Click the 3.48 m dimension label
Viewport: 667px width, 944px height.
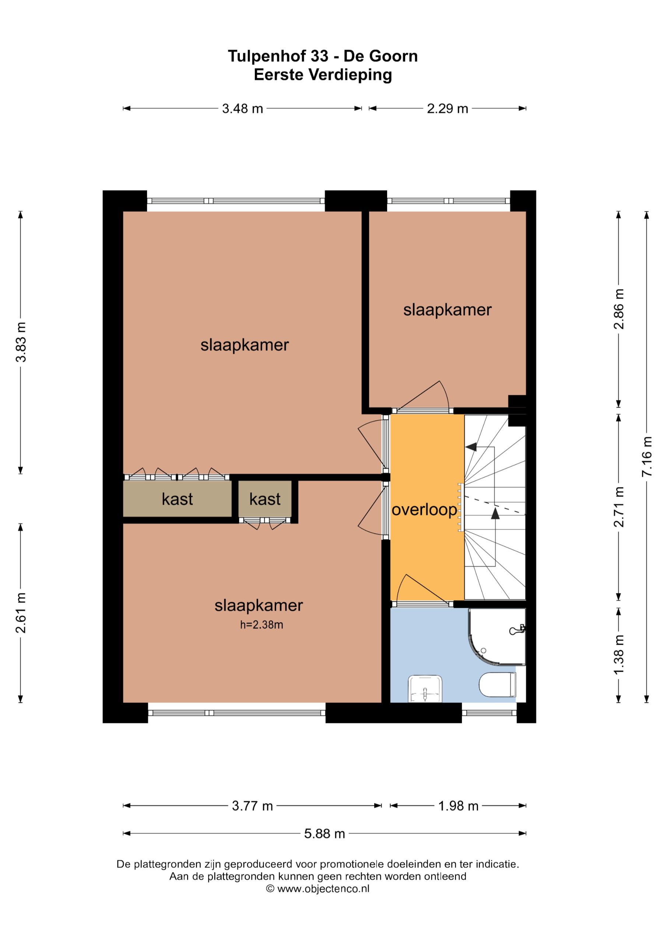pos(242,108)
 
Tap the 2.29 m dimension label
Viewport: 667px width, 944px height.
pos(447,108)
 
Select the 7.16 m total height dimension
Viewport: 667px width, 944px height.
pos(647,457)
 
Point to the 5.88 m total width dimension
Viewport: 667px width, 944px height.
pos(324,833)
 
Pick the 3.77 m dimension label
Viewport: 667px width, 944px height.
pos(252,805)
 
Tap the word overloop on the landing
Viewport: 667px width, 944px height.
pos(424,510)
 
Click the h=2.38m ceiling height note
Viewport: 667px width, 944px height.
pos(261,625)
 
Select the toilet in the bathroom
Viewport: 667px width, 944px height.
pos(497,684)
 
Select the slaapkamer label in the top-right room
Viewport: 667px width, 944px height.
pos(447,310)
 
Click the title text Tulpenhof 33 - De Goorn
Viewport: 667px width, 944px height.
pos(323,56)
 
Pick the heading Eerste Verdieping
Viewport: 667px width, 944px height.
pos(323,75)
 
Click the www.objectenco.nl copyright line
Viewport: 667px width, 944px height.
pos(318,888)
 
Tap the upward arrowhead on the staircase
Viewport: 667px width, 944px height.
pos(495,513)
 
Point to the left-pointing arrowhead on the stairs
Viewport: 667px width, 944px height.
pos(471,447)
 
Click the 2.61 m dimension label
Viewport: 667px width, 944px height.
pos(21,612)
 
